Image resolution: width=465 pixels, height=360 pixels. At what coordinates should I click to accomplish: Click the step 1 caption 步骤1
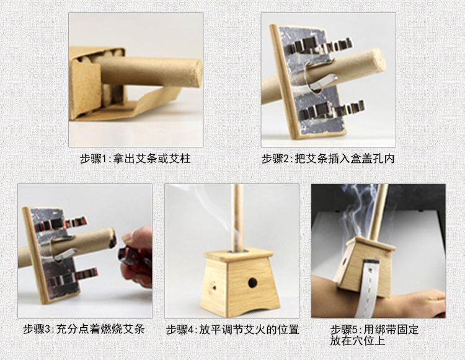(x=95, y=159)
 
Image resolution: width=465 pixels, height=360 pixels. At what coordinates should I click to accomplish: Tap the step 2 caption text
(x=328, y=159)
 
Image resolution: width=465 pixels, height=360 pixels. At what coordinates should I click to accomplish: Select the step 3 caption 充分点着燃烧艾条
(x=100, y=329)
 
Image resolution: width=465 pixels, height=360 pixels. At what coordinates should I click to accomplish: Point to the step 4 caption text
(x=232, y=329)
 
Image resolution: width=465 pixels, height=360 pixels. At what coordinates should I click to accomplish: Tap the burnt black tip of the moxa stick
(x=112, y=238)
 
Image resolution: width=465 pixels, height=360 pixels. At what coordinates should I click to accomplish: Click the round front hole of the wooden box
(x=252, y=283)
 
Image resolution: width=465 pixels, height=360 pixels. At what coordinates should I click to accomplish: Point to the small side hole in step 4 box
(x=213, y=286)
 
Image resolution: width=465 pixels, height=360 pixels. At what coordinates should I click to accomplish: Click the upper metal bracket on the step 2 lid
(x=321, y=45)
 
